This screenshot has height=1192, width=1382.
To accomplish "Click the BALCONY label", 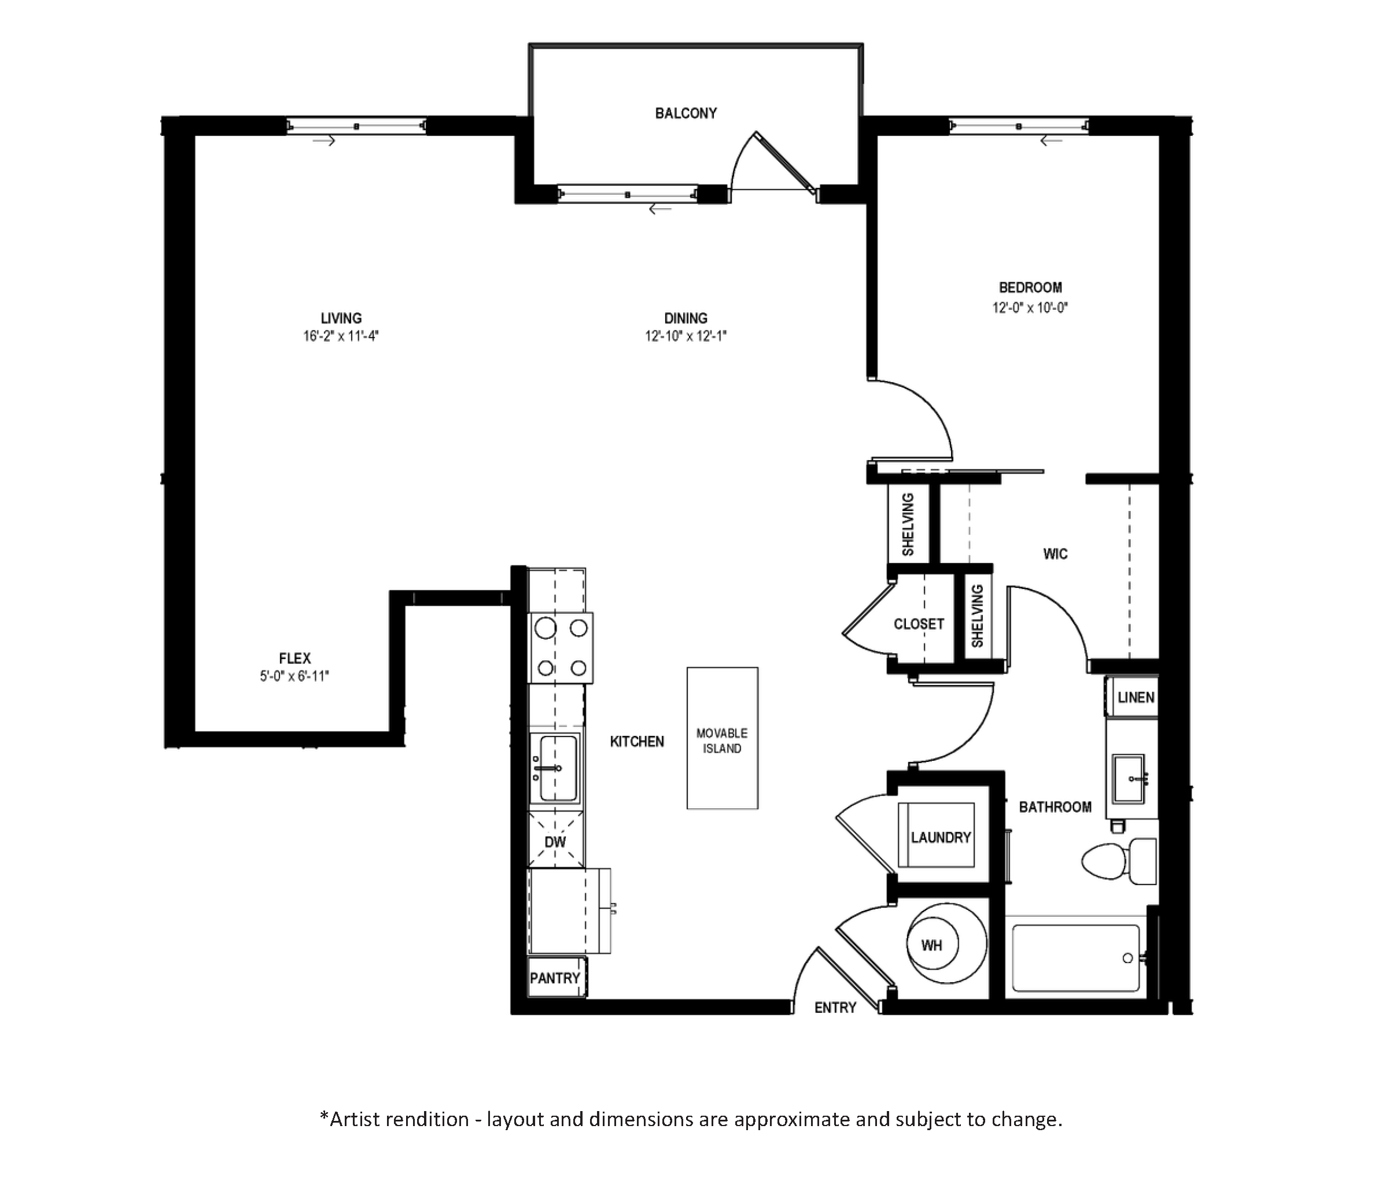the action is [686, 113].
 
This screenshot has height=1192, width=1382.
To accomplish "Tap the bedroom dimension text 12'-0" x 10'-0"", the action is [1030, 308].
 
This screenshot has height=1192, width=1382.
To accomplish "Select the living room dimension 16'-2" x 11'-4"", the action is [341, 336].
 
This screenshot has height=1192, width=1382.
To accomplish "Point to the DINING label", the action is [686, 318].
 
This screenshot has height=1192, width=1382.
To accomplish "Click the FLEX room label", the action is [295, 658].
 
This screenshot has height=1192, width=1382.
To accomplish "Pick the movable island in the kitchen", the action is [723, 738].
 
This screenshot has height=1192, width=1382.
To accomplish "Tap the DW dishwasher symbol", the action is [555, 840].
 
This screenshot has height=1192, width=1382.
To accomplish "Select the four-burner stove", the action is [561, 648].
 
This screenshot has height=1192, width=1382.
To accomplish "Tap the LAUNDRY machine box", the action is [937, 835].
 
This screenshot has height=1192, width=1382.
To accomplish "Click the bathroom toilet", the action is [1119, 861].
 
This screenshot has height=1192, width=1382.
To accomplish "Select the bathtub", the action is [1076, 958].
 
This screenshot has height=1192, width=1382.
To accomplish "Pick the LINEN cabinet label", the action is [1136, 697].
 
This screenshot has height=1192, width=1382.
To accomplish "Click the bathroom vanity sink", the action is [1130, 778].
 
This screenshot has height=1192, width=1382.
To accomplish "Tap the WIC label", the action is [1055, 553].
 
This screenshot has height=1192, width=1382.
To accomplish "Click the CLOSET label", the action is [919, 624].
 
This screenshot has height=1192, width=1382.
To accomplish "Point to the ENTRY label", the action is [835, 1008].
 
